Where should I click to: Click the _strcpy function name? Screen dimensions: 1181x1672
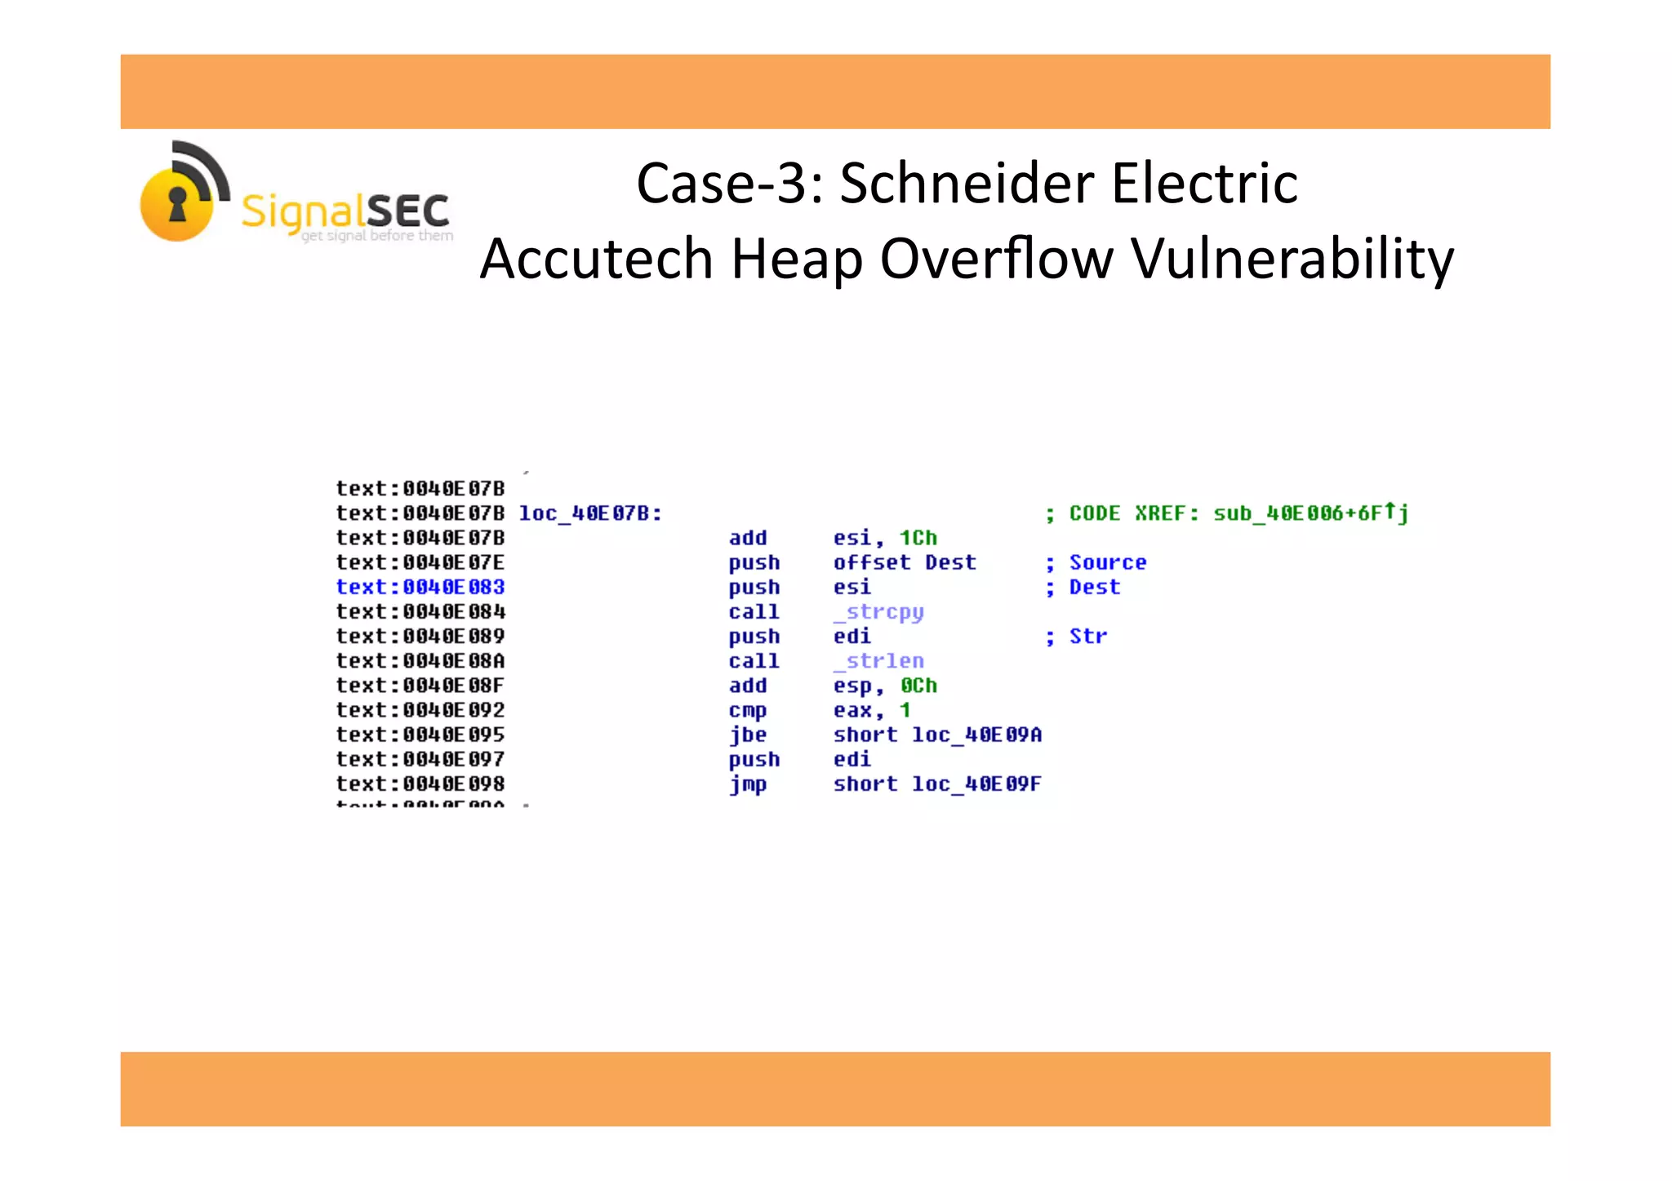click(879, 612)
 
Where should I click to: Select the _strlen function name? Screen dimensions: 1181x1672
click(879, 661)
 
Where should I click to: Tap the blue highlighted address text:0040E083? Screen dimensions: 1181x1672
click(420, 588)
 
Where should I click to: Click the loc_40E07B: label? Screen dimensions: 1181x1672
click(590, 513)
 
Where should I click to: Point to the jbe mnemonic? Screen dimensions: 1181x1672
click(748, 735)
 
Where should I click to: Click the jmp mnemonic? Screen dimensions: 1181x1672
click(748, 784)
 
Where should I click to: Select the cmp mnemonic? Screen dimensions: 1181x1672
click(748, 711)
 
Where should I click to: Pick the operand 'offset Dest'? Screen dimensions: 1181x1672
click(905, 562)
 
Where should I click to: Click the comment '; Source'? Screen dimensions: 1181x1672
click(1096, 562)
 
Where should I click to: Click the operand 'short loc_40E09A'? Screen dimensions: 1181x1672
click(937, 735)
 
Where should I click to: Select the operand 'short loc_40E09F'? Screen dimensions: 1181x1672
click(937, 784)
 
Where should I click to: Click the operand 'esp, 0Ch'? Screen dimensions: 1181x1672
click(885, 686)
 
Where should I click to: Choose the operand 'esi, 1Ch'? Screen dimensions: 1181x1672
click(885, 538)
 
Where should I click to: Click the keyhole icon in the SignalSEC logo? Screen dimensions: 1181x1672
click(177, 204)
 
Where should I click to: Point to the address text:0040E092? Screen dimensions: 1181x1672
click(420, 711)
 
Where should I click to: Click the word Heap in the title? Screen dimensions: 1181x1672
click(797, 259)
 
